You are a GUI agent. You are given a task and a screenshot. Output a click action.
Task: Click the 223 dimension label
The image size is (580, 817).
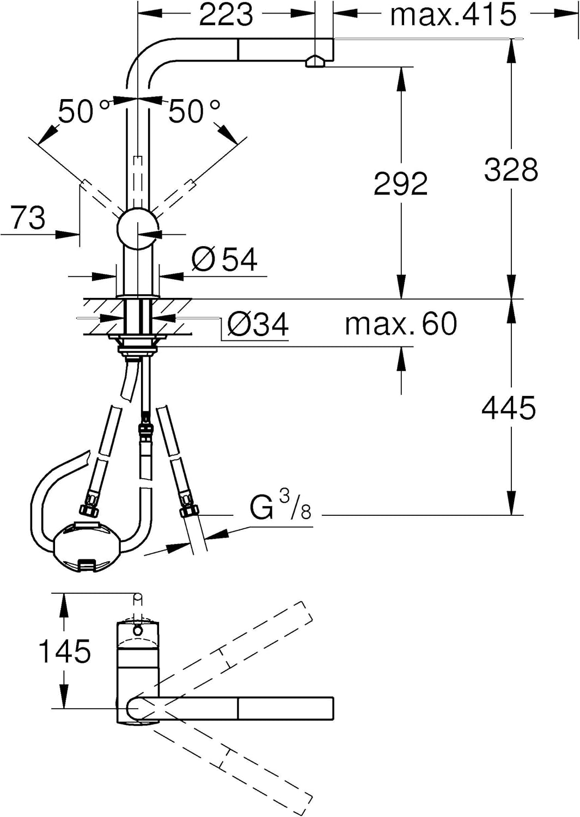[225, 15]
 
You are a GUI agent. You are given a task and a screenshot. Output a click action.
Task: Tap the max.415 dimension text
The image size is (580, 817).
[453, 15]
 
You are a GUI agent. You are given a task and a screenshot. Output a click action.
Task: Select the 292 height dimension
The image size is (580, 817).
[400, 184]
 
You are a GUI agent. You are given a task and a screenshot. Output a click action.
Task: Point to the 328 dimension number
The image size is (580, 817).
[511, 169]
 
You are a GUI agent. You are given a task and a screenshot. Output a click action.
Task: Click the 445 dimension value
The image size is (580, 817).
[509, 408]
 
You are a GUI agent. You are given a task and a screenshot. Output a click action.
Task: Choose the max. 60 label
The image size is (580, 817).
[401, 324]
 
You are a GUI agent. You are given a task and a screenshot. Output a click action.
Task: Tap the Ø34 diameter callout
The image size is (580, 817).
[258, 325]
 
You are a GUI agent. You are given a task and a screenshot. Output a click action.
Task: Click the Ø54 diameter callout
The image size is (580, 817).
[224, 259]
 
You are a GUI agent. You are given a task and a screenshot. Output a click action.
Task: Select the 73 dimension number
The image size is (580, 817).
[28, 218]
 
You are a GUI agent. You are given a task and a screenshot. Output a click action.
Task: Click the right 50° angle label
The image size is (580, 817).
[194, 112]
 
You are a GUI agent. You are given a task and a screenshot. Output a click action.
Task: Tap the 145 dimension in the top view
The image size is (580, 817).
[64, 651]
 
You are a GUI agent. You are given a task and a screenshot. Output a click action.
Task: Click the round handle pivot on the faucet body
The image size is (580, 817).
[138, 229]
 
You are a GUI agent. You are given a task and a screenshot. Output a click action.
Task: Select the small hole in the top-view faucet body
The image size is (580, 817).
[138, 630]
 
